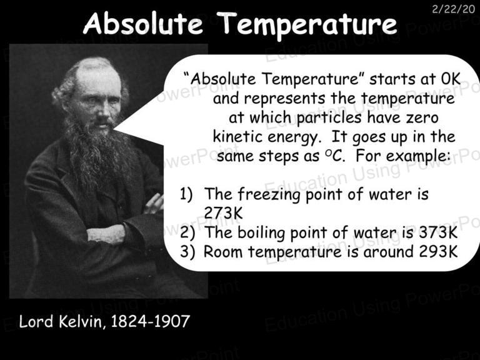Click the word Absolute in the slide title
[142, 23]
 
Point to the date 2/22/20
[453, 9]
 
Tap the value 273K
[223, 212]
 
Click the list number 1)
[186, 194]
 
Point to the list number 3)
[187, 252]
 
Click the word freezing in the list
[269, 195]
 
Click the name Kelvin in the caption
[81, 322]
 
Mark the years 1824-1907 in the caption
[150, 322]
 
